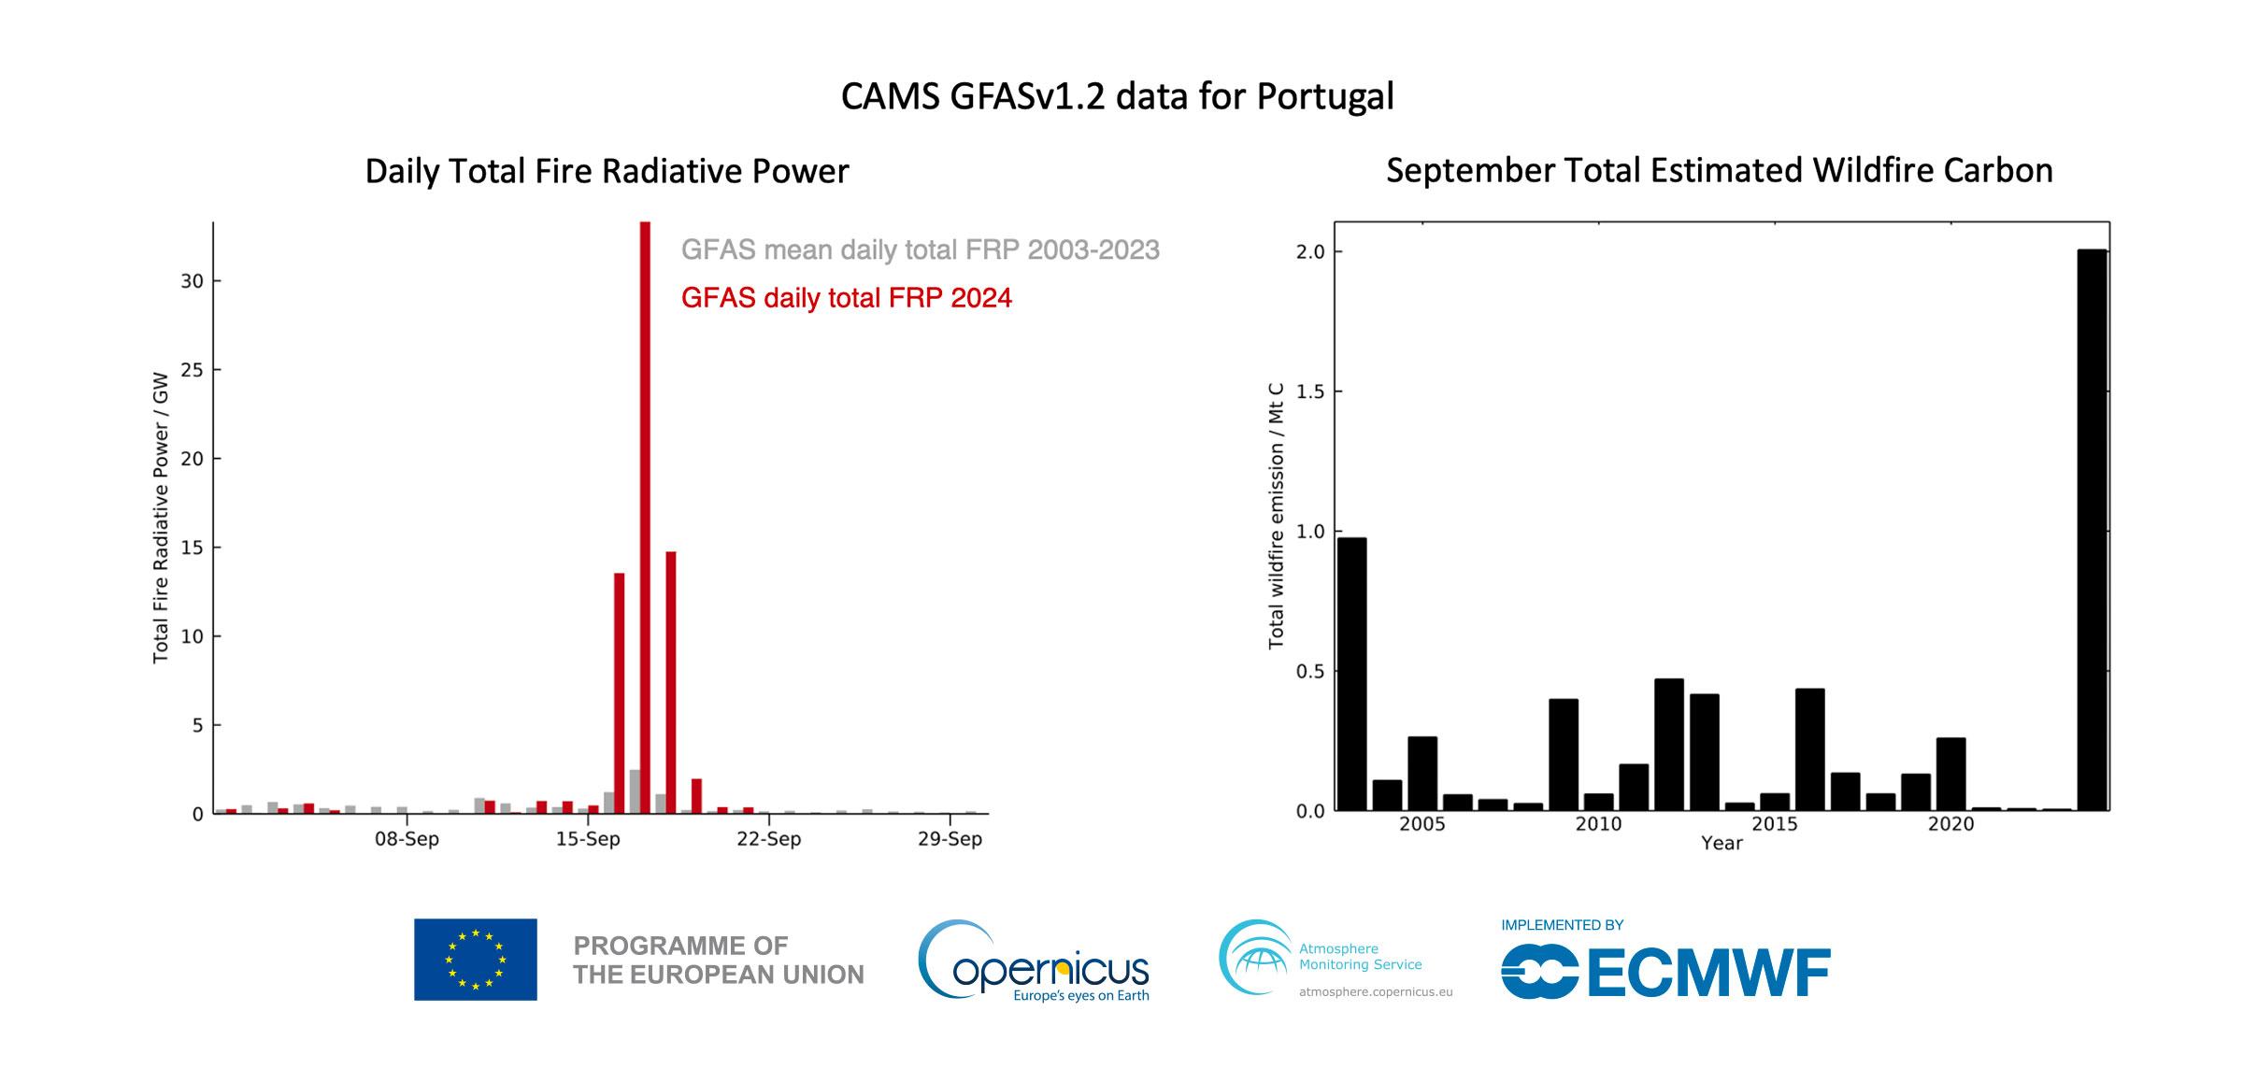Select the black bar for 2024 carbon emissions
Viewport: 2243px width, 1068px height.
click(x=2092, y=530)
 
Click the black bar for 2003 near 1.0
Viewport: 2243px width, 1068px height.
click(x=1351, y=673)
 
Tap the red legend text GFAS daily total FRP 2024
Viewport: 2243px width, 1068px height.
click(x=846, y=298)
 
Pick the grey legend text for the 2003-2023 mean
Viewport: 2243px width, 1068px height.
click(x=920, y=250)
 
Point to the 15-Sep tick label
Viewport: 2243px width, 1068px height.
click(x=588, y=839)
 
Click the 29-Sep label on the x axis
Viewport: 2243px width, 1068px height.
click(x=950, y=839)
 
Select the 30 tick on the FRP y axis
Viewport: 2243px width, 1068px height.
click(x=192, y=281)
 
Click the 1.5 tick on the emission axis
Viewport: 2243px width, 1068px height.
click(x=1310, y=392)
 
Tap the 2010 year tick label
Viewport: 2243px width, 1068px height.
click(x=1598, y=824)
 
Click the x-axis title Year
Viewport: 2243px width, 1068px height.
click(x=1722, y=844)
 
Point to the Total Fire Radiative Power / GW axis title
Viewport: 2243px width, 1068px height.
click(x=161, y=518)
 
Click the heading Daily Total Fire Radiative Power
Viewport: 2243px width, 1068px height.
click(x=607, y=172)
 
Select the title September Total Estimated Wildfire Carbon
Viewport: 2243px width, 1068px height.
click(x=1719, y=171)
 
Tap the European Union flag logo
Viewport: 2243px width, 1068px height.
click(x=476, y=960)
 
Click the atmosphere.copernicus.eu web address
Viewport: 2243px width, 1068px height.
click(x=1376, y=992)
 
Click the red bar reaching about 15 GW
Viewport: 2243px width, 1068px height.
click(x=671, y=682)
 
